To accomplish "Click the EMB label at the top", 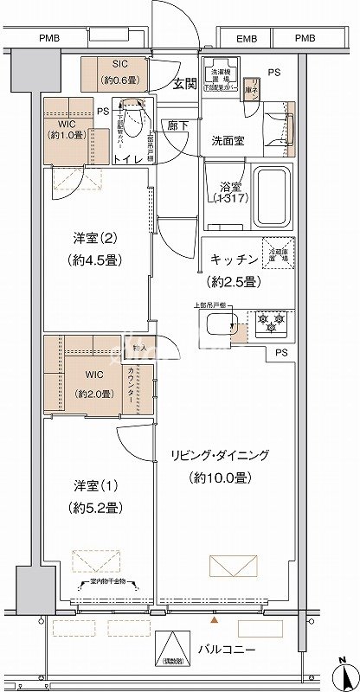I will (x=247, y=39).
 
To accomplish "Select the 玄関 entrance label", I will (x=183, y=84).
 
